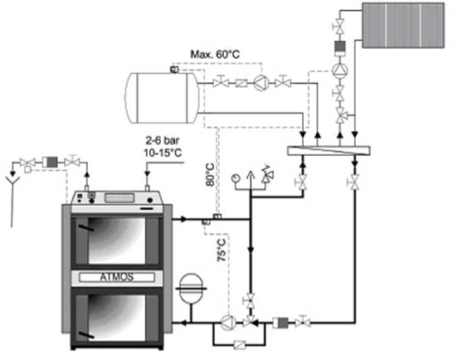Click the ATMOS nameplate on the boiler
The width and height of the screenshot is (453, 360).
[117, 277]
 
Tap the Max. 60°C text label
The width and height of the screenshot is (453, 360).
[215, 54]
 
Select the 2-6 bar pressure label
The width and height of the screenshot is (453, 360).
[163, 141]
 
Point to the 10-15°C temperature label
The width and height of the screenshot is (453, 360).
[163, 153]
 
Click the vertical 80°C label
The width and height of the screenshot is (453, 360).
[211, 175]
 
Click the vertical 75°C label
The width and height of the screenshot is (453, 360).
[222, 251]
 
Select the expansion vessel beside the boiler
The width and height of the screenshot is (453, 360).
[191, 289]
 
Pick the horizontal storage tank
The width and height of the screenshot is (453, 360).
[162, 98]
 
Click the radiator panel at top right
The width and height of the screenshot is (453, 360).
[403, 25]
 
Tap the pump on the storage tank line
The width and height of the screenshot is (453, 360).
[261, 83]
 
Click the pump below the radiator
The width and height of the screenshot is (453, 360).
[340, 70]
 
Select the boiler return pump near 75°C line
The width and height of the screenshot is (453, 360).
[228, 322]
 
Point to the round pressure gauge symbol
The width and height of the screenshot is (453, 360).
[236, 178]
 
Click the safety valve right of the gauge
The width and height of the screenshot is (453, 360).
[267, 174]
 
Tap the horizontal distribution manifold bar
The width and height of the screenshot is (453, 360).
[329, 151]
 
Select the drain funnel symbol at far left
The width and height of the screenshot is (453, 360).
[12, 181]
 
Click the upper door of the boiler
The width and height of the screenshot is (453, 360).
[117, 241]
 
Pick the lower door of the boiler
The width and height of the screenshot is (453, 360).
[117, 317]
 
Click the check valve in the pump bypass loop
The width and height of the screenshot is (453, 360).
[240, 345]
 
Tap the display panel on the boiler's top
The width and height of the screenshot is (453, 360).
[119, 198]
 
